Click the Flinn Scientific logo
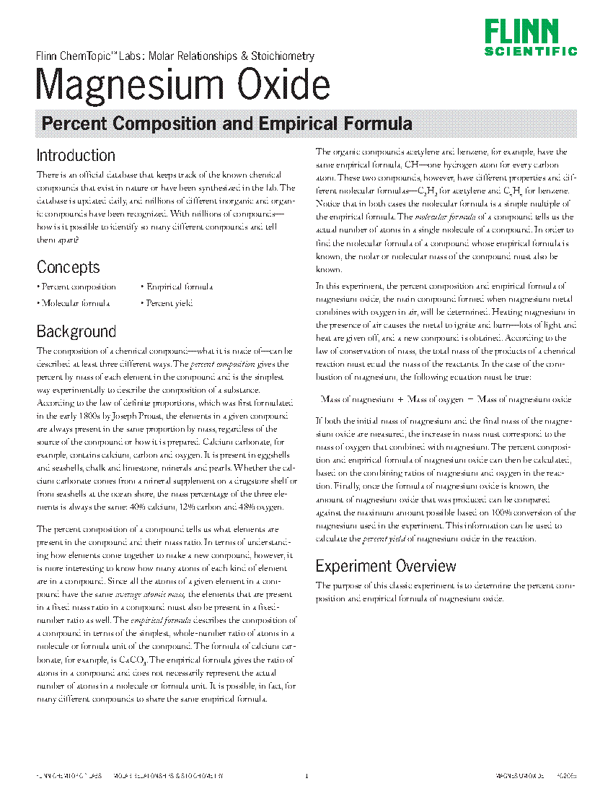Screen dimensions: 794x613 point(530,38)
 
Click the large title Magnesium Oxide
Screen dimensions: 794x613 point(183,85)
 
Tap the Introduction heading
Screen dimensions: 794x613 point(76,155)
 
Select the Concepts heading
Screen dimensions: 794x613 point(69,267)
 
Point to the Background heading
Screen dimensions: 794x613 point(76,332)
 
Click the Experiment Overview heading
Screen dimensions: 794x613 point(386,566)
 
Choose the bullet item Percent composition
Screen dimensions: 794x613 point(76,287)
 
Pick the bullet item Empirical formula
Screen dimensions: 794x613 point(176,287)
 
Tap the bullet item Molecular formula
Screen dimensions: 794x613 point(74,303)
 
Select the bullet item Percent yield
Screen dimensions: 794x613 point(167,303)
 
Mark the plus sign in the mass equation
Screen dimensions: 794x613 point(400,399)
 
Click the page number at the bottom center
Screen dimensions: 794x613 point(306,777)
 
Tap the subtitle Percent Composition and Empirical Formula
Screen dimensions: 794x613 point(226,123)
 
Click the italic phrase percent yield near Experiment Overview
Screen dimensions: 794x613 point(378,538)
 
